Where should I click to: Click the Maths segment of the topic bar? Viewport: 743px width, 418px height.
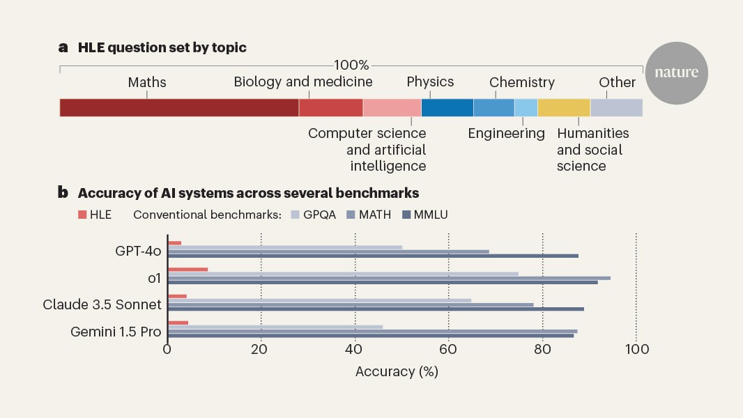(179, 107)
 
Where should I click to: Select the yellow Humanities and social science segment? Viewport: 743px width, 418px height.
(564, 107)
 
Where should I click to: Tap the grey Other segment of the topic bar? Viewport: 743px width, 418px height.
(616, 107)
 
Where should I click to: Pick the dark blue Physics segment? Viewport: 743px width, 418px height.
(447, 107)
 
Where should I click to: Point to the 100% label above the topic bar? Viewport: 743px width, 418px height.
(351, 65)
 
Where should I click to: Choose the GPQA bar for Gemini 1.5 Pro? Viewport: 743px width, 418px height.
(275, 326)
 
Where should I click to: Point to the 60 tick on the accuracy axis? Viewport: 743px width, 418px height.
(449, 349)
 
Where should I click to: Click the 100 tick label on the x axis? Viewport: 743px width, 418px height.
(636, 349)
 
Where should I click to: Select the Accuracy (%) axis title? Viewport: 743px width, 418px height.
(397, 371)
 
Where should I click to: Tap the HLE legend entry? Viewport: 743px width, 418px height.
(95, 215)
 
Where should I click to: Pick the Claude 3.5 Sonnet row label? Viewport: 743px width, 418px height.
(102, 304)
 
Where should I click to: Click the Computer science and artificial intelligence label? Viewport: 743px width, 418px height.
(367, 149)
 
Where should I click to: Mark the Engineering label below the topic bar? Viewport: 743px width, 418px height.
(506, 133)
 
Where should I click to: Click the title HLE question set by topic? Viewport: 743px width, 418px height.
(162, 48)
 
